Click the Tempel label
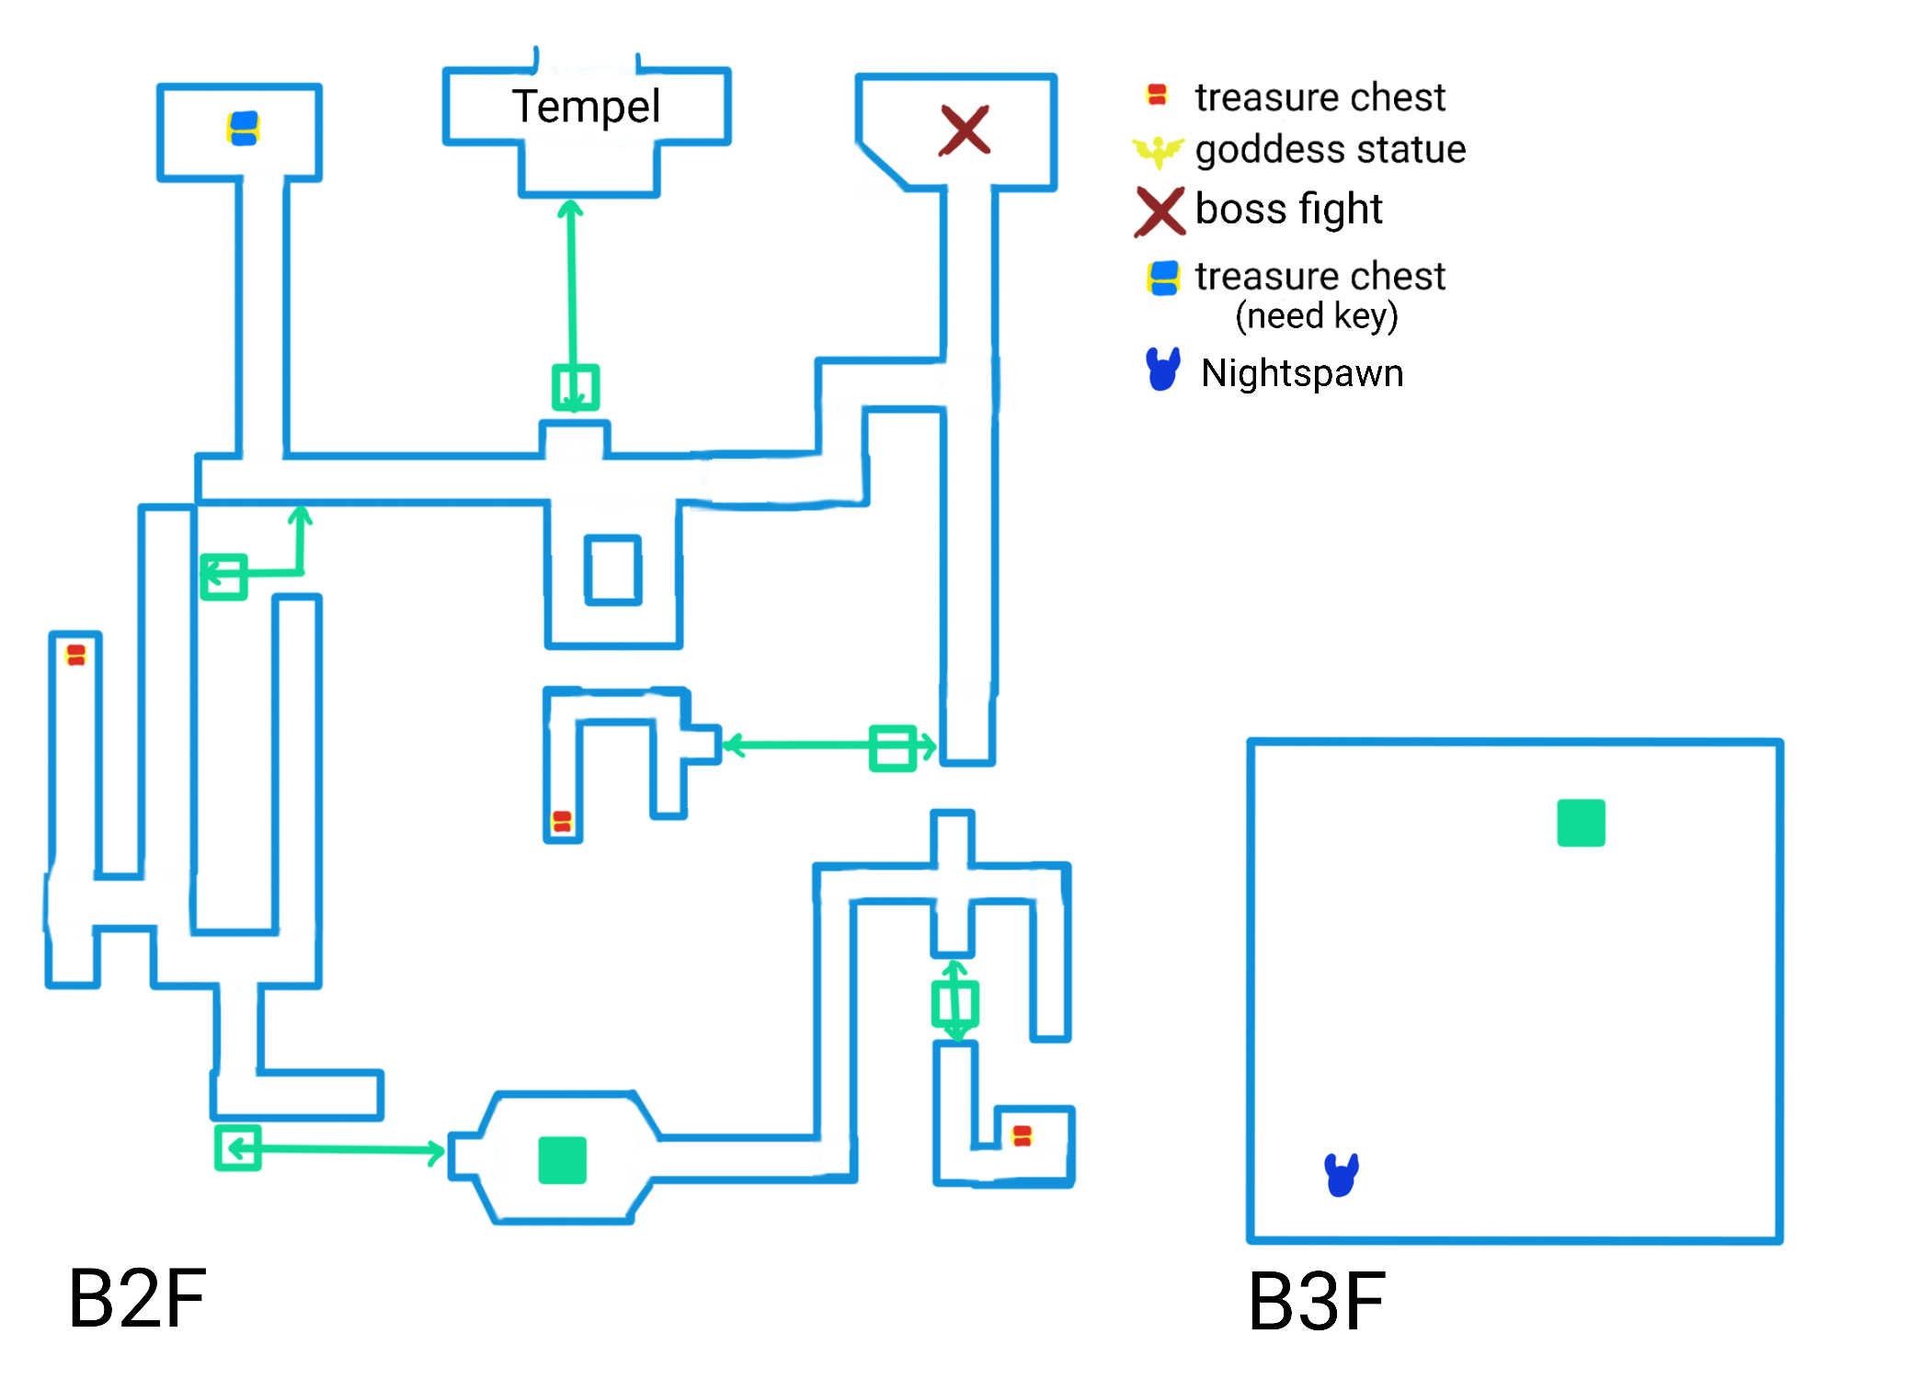pos(586,107)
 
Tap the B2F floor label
pos(137,1298)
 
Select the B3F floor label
pos(1316,1301)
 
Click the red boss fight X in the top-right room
pos(964,130)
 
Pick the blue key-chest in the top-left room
pos(244,128)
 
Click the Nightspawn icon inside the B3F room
pos(1342,1174)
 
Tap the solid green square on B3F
pos(1581,823)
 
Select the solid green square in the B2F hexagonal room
pos(562,1159)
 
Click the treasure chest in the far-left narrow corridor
pos(76,655)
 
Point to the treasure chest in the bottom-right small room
pos(1022,1136)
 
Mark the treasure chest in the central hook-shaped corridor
pos(562,821)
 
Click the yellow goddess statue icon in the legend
pos(1158,150)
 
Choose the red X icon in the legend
pos(1160,211)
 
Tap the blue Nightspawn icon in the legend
pos(1162,370)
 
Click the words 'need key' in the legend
pos(1316,315)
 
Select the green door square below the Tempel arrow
pos(576,388)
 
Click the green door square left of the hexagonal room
pos(238,1147)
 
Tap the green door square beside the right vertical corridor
pos(892,747)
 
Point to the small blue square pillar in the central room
pos(613,570)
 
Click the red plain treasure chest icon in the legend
pos(1157,95)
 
